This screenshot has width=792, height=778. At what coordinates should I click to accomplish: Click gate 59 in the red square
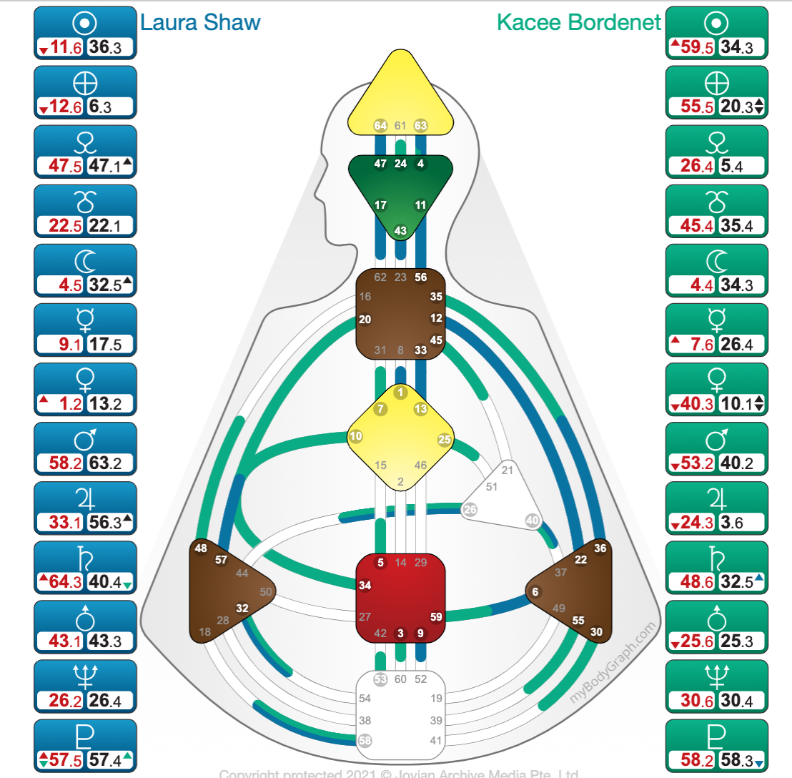[436, 616]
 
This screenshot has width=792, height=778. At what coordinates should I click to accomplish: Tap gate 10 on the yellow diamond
[355, 435]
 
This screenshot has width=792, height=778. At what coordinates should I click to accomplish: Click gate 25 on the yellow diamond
[445, 440]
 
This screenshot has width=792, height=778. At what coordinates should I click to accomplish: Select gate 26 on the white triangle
[470, 510]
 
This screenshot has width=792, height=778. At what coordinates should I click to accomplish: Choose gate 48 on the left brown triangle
[200, 548]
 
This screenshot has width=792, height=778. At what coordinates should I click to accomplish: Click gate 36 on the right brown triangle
[600, 548]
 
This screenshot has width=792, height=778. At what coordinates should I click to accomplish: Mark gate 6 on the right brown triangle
[535, 591]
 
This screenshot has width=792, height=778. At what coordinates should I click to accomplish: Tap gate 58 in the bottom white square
[365, 740]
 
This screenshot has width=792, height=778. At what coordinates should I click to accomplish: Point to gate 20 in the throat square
[365, 320]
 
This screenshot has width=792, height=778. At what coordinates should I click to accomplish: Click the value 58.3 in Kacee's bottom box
[738, 759]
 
